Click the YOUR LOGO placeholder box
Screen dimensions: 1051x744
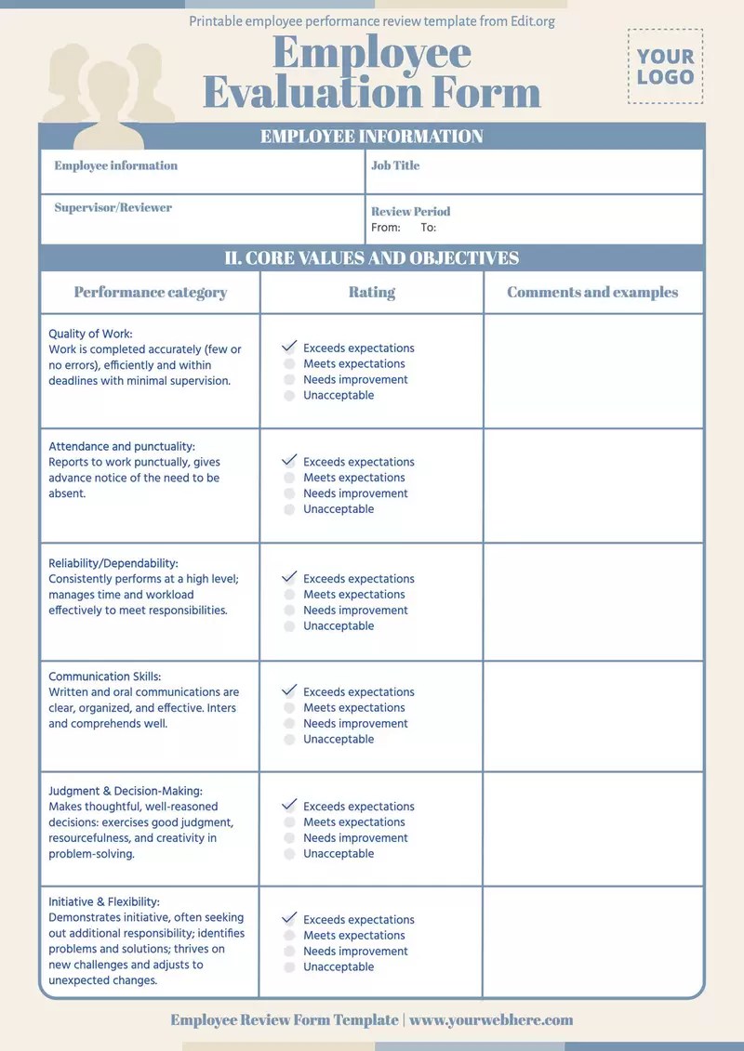pyautogui.click(x=666, y=67)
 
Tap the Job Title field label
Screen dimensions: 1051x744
pyautogui.click(x=395, y=165)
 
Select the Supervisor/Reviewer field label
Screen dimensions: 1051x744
pyautogui.click(x=113, y=207)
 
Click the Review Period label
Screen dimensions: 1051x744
pyautogui.click(x=410, y=211)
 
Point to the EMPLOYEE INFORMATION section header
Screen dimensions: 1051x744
pyautogui.click(x=371, y=137)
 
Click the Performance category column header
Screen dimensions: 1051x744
pyautogui.click(x=151, y=292)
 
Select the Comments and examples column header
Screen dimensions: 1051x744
pyautogui.click(x=592, y=292)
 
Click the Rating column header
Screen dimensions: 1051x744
pyautogui.click(x=372, y=292)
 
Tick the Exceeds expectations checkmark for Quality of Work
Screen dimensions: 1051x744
pyautogui.click(x=289, y=347)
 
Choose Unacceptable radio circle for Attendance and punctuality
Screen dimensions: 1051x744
pyautogui.click(x=289, y=509)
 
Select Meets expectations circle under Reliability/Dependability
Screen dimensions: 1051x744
pyautogui.click(x=289, y=595)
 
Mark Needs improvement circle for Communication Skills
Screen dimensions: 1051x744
pyautogui.click(x=289, y=724)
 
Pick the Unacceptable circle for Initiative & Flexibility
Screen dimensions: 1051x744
pyautogui.click(x=289, y=967)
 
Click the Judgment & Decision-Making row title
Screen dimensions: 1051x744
pyautogui.click(x=126, y=791)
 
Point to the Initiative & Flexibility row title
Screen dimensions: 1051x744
pyautogui.click(x=104, y=901)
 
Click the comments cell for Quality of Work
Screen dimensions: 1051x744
pyautogui.click(x=592, y=371)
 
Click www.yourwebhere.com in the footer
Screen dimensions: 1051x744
pyautogui.click(x=491, y=1020)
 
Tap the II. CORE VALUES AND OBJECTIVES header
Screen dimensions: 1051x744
pyautogui.click(x=371, y=257)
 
